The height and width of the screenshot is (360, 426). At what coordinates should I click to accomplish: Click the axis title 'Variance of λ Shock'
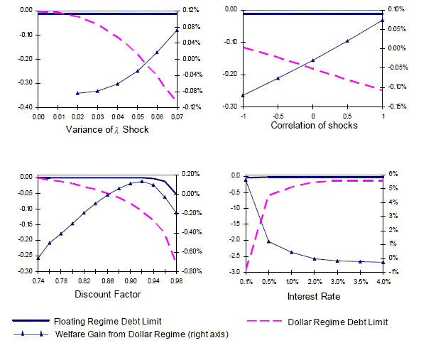pyautogui.click(x=107, y=129)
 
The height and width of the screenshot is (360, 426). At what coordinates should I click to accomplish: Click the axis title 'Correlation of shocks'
pyautogui.click(x=314, y=125)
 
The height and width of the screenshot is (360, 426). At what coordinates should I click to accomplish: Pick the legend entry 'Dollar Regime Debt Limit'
pyautogui.click(x=337, y=322)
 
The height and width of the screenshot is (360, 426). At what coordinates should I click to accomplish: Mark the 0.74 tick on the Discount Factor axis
pyautogui.click(x=38, y=281)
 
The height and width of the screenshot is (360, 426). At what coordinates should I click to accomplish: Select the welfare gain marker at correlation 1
pyautogui.click(x=383, y=20)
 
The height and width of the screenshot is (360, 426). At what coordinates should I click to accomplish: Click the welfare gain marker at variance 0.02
pyautogui.click(x=77, y=93)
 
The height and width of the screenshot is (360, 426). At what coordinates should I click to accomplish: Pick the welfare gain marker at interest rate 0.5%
pyautogui.click(x=268, y=241)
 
